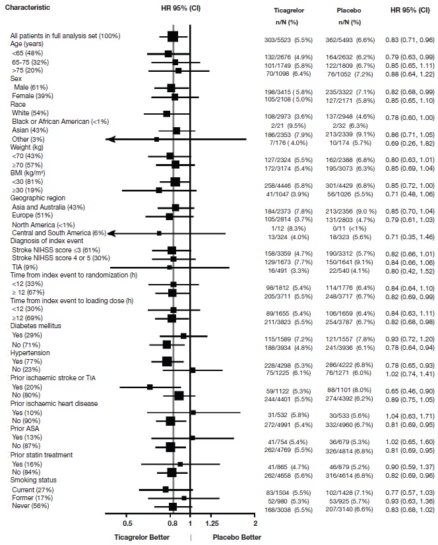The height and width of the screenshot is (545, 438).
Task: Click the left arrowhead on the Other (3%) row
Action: point(109,139)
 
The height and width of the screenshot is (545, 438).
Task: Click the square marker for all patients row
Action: point(173,36)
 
